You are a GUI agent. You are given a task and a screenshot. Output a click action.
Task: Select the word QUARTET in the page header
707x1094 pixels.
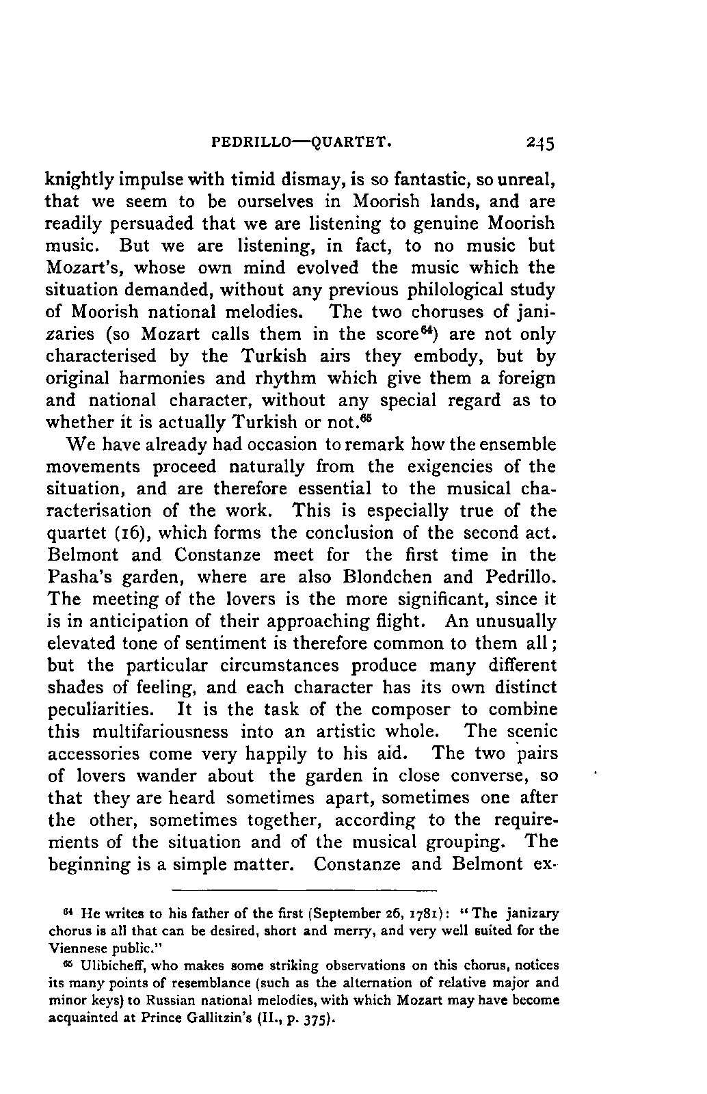(351, 144)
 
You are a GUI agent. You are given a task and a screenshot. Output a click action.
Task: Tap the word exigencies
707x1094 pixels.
(456, 467)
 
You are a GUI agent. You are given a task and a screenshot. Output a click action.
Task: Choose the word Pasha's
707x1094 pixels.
(77, 577)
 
